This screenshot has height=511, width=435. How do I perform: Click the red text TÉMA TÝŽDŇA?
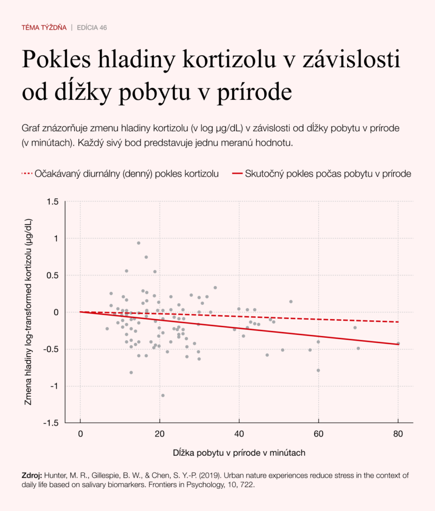click(44, 27)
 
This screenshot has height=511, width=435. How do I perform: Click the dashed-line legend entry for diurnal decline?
click(120, 174)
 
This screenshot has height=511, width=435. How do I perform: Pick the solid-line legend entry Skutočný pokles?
click(322, 174)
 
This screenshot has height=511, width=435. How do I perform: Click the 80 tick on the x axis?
click(399, 433)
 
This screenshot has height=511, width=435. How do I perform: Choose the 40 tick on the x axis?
click(239, 433)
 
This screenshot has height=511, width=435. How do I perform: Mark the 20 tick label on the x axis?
click(160, 433)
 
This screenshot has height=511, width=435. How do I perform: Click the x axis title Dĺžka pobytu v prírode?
click(239, 453)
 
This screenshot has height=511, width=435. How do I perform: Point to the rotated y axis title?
click(28, 312)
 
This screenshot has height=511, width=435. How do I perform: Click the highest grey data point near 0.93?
click(139, 243)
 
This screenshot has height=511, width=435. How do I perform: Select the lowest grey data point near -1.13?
click(163, 395)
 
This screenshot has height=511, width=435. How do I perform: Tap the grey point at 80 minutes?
click(398, 343)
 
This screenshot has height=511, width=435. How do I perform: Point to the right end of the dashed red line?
click(399, 322)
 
